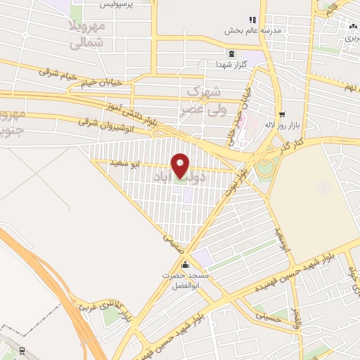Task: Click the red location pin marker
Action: (x=181, y=165)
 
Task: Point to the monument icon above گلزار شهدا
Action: (x=231, y=53)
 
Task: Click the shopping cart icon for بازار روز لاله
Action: (x=282, y=114)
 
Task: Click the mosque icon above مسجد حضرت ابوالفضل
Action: (x=185, y=265)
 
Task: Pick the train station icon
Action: (x=22, y=349)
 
